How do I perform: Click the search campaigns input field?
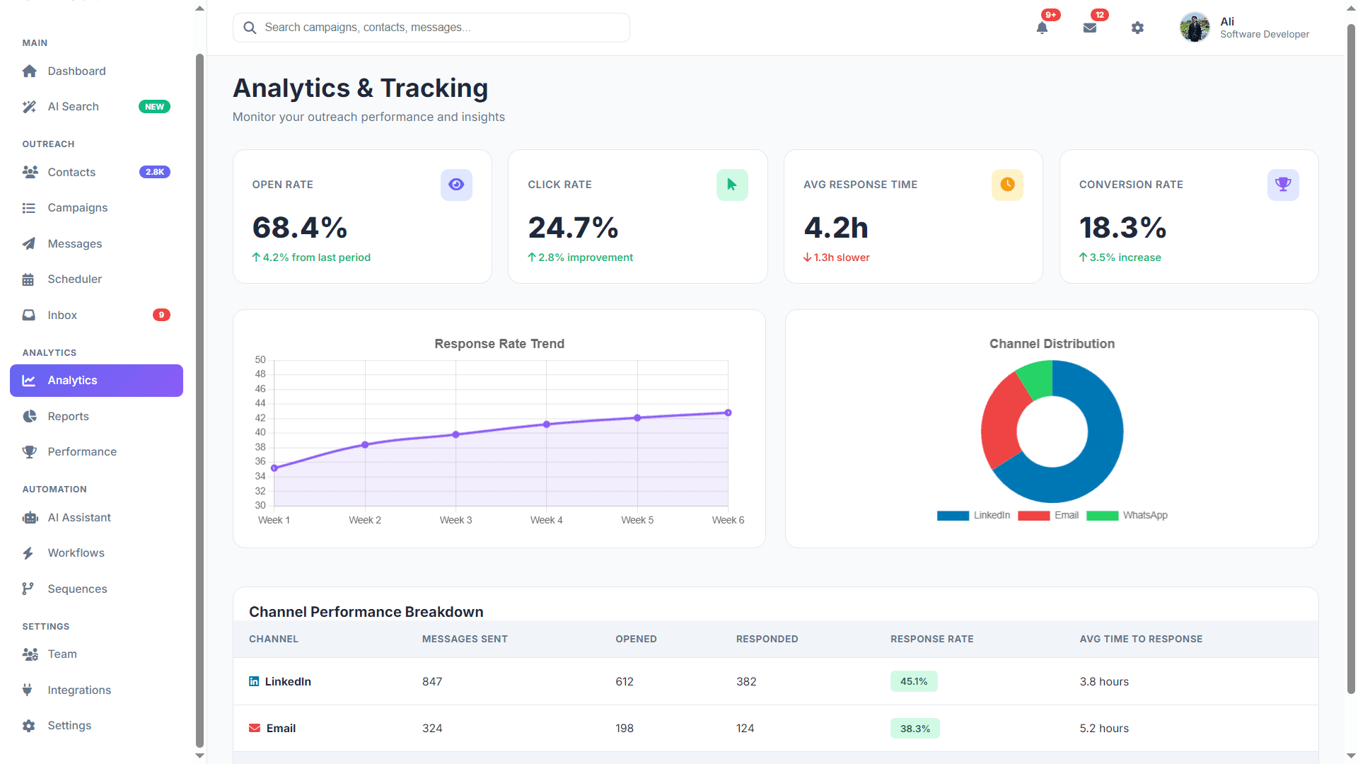click(x=431, y=28)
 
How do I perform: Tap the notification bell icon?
click(x=1042, y=28)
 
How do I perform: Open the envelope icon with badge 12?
click(x=1089, y=28)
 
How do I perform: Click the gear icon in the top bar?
click(x=1137, y=28)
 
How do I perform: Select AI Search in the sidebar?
click(x=74, y=107)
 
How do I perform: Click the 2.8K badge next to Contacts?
click(x=154, y=172)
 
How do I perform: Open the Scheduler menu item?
click(x=74, y=279)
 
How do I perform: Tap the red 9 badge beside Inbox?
click(x=161, y=315)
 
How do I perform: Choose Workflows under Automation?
click(x=76, y=553)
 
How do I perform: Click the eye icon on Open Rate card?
click(x=456, y=185)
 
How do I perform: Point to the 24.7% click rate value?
click(x=573, y=228)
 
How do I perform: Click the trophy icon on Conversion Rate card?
click(x=1282, y=185)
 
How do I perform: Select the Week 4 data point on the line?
click(x=547, y=424)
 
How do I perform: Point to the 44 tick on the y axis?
click(x=260, y=403)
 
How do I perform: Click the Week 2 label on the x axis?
click(x=365, y=520)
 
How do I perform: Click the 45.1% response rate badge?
click(x=914, y=681)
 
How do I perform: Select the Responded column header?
click(x=767, y=639)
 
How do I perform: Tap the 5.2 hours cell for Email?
click(x=1104, y=729)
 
